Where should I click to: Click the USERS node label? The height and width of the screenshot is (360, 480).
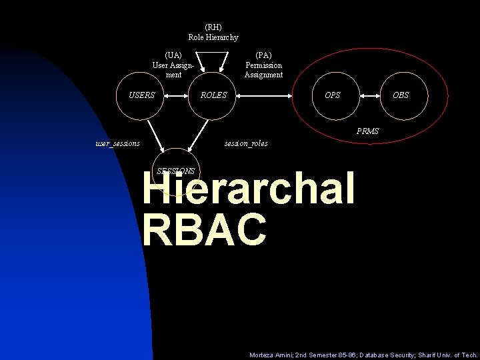141,95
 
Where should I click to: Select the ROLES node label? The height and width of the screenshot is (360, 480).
213,95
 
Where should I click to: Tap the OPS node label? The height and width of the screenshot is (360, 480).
332,95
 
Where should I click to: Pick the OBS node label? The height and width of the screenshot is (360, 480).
401,95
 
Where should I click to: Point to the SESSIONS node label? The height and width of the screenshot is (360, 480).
175,171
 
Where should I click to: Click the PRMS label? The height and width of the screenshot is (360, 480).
367,131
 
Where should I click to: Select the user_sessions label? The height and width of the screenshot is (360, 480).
117,143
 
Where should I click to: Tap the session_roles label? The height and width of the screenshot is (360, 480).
246,143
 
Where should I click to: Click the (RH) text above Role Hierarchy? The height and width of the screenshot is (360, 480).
213,27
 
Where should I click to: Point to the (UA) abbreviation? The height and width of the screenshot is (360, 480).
173,55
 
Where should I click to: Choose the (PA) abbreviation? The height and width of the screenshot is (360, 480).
263,55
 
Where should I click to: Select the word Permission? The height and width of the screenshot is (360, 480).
263,65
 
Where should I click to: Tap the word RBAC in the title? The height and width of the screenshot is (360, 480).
204,229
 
